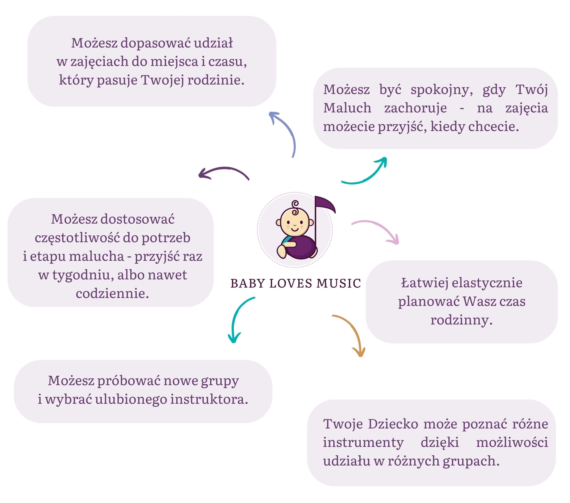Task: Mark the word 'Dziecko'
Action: tap(393, 424)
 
